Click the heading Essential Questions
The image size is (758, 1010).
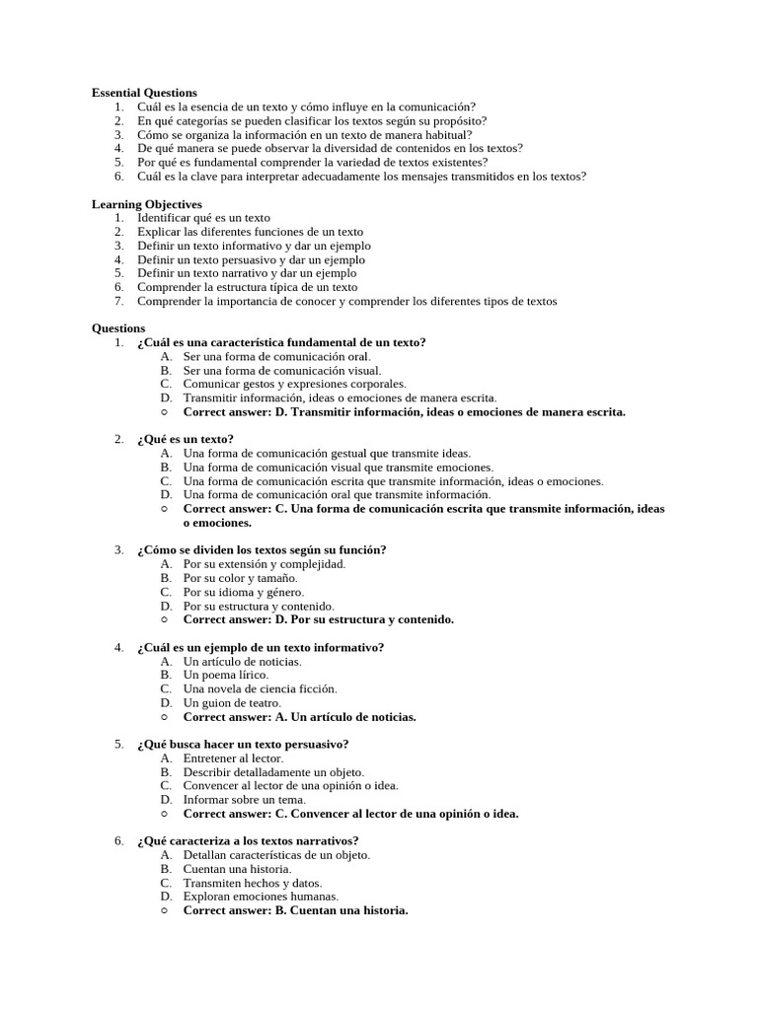[x=144, y=93]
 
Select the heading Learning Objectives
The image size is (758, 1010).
[x=147, y=204]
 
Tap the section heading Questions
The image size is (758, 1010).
[x=118, y=328]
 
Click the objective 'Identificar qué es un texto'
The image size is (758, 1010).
[x=203, y=218]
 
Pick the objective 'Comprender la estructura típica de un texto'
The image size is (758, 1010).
[x=247, y=287]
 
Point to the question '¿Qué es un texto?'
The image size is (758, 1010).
[x=186, y=439]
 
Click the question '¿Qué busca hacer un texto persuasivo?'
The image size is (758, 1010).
[x=243, y=744]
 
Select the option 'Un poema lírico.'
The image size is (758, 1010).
[x=226, y=675]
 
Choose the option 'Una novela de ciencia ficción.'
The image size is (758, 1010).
[x=260, y=688]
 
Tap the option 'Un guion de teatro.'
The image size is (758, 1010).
[x=232, y=702]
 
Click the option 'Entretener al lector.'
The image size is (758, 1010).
[x=233, y=758]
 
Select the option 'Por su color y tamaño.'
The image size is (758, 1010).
[x=240, y=578]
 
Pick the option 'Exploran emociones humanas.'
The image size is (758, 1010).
[x=261, y=897]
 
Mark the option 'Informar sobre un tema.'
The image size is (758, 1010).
[x=245, y=800]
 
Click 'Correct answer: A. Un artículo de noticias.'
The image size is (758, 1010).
[x=299, y=717]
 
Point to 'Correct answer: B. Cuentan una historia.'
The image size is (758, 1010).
[x=295, y=910]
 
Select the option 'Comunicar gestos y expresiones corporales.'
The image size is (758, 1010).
[x=294, y=384]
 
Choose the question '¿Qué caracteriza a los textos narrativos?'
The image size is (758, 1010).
[x=248, y=841]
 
